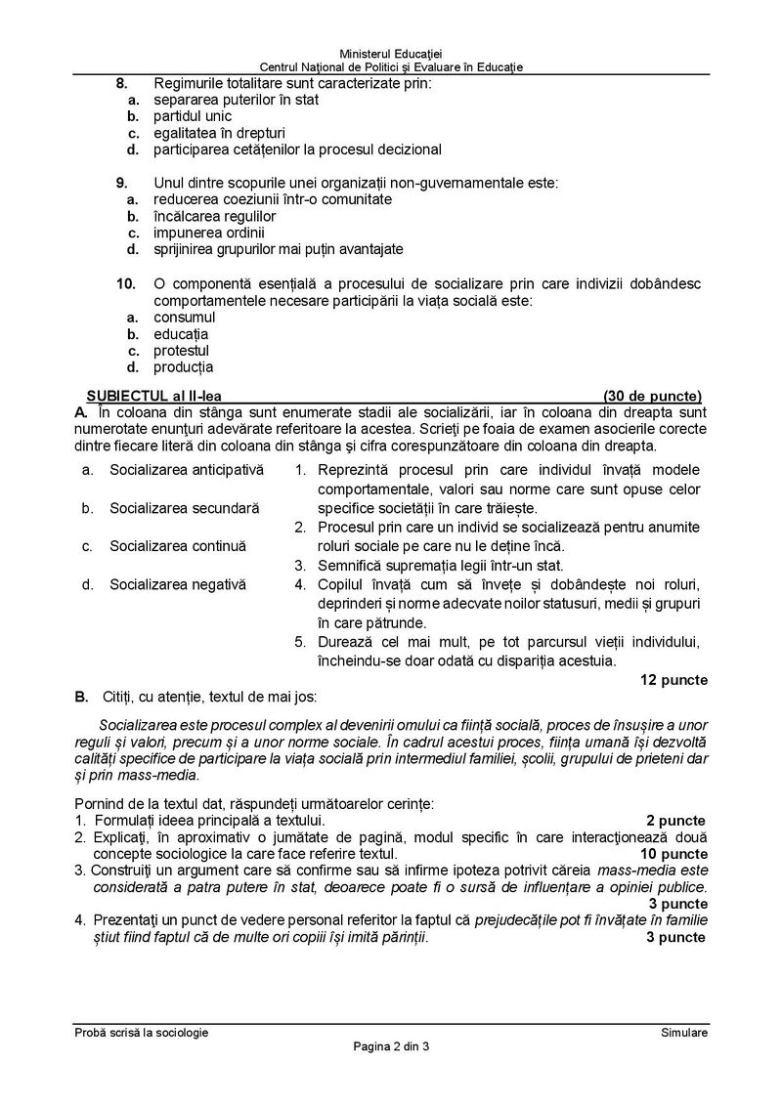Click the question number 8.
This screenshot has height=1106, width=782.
tap(121, 83)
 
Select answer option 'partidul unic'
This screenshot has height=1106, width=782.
tap(193, 116)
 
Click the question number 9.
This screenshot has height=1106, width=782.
tap(121, 183)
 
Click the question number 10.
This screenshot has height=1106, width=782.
tap(124, 283)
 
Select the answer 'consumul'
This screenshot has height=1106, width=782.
tap(185, 317)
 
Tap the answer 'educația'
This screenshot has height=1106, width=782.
tap(181, 334)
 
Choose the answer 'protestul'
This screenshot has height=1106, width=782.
tap(181, 351)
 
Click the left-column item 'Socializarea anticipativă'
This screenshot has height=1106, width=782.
tap(186, 470)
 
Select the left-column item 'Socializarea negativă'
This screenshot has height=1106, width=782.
tap(178, 584)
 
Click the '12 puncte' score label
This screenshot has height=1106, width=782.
tap(674, 679)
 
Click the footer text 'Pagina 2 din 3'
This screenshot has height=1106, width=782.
tap(391, 1046)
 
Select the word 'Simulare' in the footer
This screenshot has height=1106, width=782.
tap(683, 1032)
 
